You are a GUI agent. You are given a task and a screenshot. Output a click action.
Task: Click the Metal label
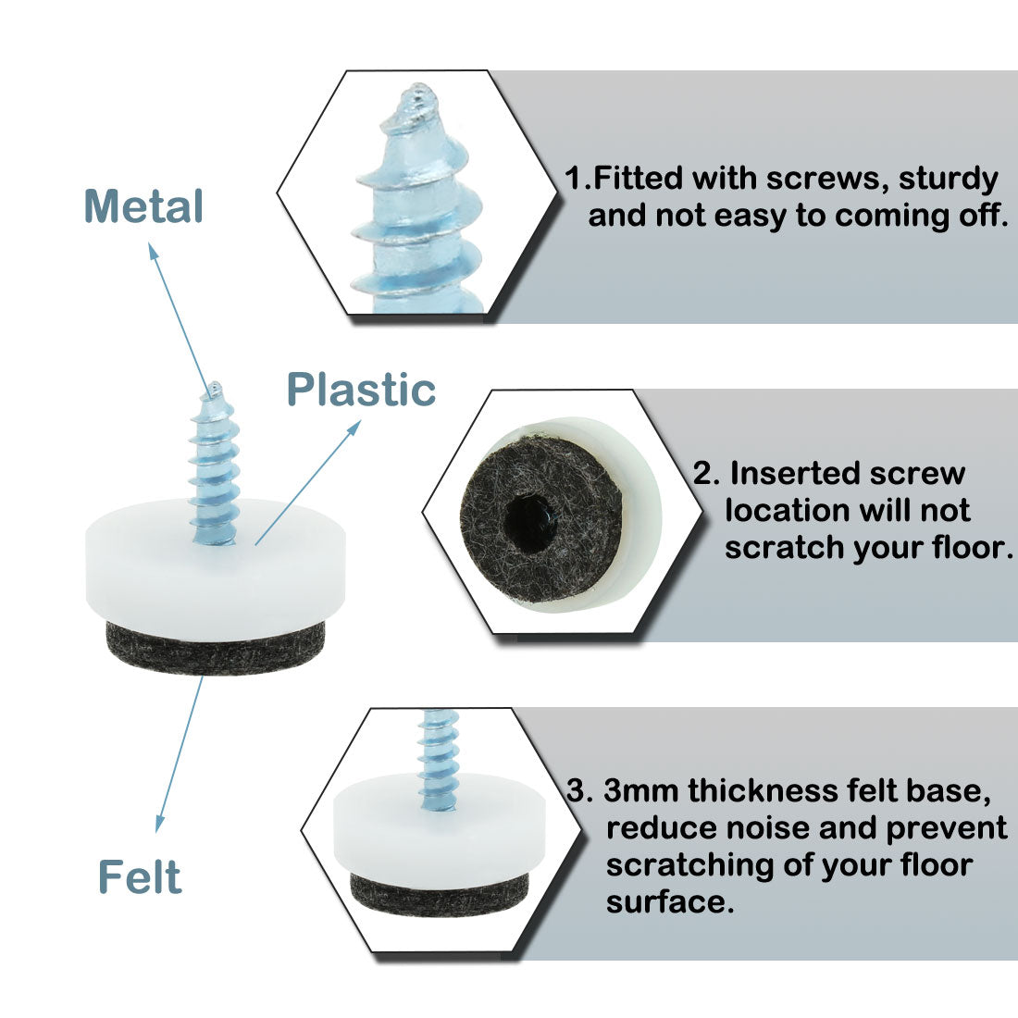coord(143,206)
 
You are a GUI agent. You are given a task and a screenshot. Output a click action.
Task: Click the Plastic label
coord(361,390)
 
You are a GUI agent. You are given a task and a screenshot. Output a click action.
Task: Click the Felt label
coord(140,876)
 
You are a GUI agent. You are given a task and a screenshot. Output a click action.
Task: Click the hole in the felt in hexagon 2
coord(532,510)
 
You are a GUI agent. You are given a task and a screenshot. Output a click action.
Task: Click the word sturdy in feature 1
coord(947,178)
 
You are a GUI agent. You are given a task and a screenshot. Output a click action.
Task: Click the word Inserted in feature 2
coord(787,473)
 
